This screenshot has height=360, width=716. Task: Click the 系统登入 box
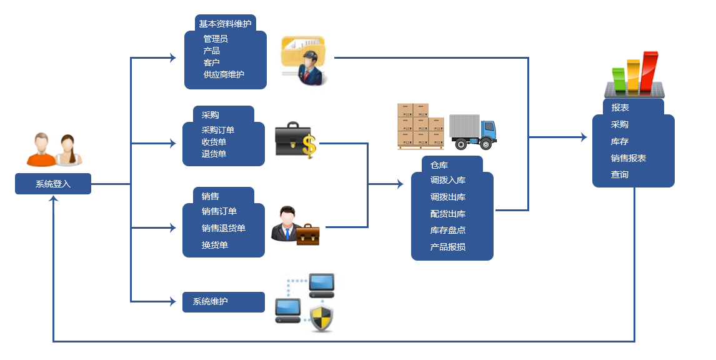pos(53,184)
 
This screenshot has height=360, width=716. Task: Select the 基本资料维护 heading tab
pos(225,24)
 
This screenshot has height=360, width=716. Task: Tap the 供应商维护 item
pos(224,74)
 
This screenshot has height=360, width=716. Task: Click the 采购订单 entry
pos(218,130)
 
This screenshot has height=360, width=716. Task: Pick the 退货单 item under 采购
pos(214,154)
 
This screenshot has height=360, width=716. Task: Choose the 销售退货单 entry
pos(224,228)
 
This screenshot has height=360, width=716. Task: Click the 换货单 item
pos(215,245)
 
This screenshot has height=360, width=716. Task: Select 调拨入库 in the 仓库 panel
pos(448,181)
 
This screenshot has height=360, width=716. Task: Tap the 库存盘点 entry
pos(448,231)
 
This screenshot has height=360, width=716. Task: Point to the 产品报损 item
pos(448,247)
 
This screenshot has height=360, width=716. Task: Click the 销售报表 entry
pos(629,158)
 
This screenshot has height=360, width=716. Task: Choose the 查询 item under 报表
pos(620,175)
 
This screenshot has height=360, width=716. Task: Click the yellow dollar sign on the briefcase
pos(309,146)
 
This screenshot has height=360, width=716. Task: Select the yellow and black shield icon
pos(322,318)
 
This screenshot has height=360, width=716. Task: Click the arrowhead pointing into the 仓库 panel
pos(400,184)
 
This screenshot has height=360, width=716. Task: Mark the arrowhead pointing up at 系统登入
pos(54,199)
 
